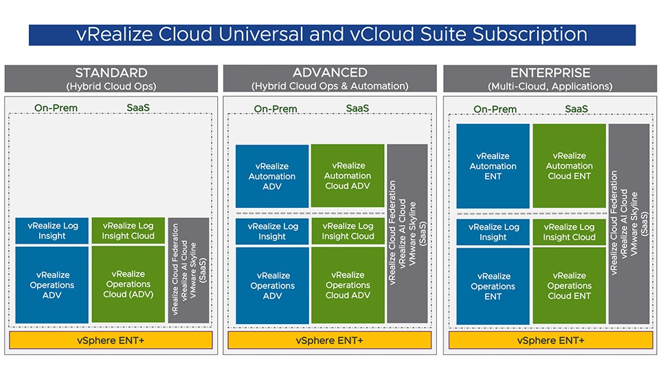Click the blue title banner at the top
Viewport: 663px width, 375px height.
point(332,34)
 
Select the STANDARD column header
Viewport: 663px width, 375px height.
point(111,78)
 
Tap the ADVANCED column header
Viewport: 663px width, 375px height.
point(330,78)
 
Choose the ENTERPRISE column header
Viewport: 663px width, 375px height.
point(550,78)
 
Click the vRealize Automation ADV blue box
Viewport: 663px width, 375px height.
point(272,176)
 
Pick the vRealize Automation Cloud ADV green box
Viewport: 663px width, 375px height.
point(348,175)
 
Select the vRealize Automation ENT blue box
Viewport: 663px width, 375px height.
point(493,166)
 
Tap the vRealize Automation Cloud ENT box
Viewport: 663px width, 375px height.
point(569,166)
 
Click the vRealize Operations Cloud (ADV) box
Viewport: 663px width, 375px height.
point(128,284)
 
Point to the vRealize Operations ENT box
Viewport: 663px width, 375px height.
point(493,286)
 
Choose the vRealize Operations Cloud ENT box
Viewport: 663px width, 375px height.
point(569,286)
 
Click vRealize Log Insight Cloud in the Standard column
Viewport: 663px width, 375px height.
point(128,231)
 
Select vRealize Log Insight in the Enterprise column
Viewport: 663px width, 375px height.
point(493,232)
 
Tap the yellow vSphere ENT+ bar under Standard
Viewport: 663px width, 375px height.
point(111,341)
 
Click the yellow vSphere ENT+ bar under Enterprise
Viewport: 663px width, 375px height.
point(550,341)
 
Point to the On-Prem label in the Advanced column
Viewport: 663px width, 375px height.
point(276,109)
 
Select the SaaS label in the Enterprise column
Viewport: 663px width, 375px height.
point(576,109)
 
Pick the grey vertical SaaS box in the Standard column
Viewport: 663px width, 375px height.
point(188,270)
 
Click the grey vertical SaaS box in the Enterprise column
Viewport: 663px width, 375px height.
point(629,224)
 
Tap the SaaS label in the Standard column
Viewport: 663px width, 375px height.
point(138,107)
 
